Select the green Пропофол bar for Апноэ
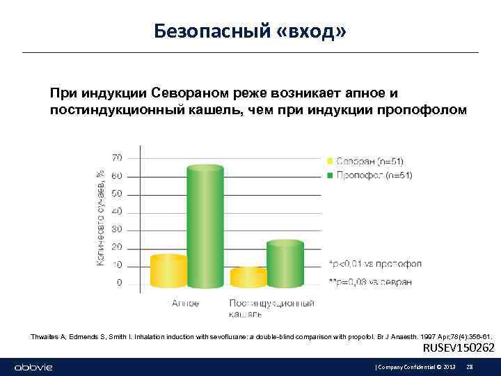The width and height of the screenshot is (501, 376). coord(205,226)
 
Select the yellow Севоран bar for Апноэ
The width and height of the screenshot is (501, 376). coord(169,272)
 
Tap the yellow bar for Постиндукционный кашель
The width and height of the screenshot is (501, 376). coord(248,278)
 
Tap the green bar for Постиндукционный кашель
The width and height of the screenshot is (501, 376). coord(285,264)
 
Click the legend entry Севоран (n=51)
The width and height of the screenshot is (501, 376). coord(369,161)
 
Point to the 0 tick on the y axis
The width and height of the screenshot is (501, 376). coord(119,283)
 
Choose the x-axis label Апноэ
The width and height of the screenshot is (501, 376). coord(186,304)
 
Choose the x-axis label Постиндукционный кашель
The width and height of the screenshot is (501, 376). coord(271,308)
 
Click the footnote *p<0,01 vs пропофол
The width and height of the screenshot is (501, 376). coord(374,265)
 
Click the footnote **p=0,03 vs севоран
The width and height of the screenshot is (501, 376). coord(370,281)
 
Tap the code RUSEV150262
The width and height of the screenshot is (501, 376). coord(459,348)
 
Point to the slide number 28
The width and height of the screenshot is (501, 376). coord(469,366)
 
